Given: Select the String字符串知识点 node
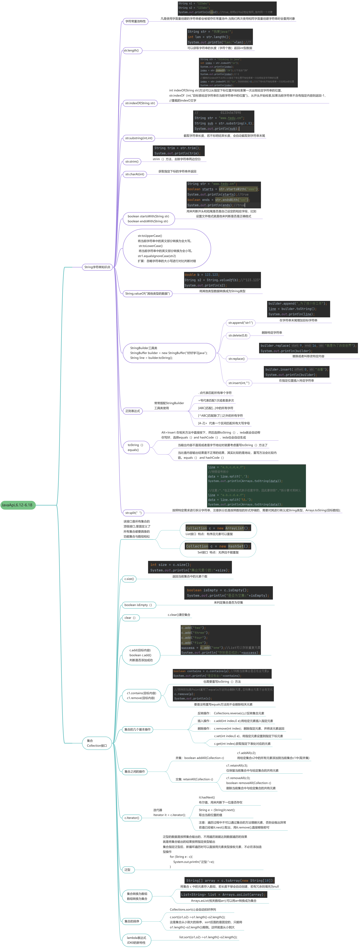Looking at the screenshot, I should [x=97, y=267].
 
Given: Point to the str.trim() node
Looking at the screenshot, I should [x=132, y=162].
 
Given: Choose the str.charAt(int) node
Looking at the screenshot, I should [x=135, y=174].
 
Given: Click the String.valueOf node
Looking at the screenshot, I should [x=147, y=294].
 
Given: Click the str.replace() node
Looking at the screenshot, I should [x=236, y=359].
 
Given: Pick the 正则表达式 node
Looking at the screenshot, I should [x=133, y=411].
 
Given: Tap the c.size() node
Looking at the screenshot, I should [x=129, y=579].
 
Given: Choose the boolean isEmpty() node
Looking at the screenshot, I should [x=138, y=605].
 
